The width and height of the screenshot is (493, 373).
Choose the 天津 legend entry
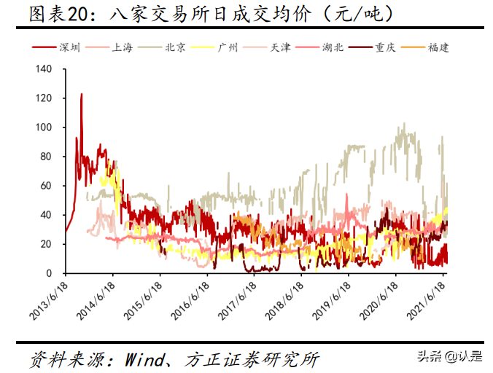[280, 48]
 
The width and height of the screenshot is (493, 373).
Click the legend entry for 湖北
[335, 48]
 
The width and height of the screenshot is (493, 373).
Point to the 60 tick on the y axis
[46, 186]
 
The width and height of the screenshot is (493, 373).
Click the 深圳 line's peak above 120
[81, 94]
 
